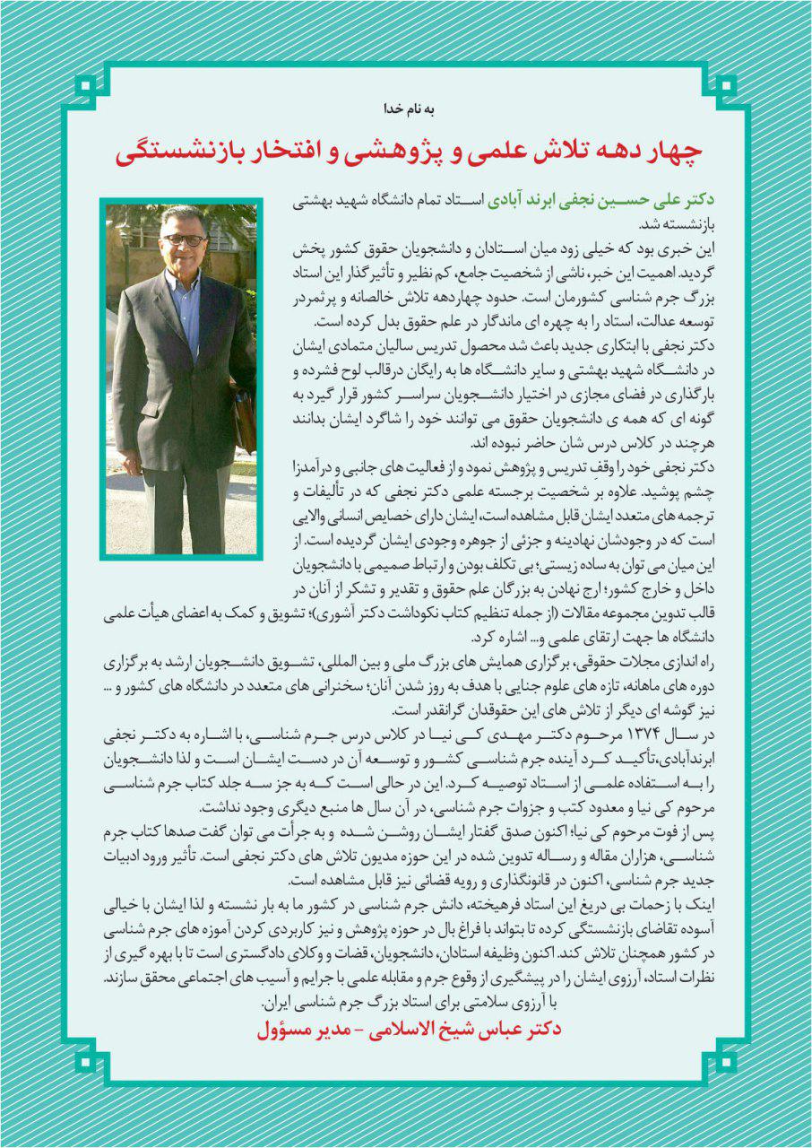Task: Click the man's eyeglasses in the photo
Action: coord(184,240)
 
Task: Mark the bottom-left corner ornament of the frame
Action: coord(86,1062)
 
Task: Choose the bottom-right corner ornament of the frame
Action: coord(726,1062)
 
